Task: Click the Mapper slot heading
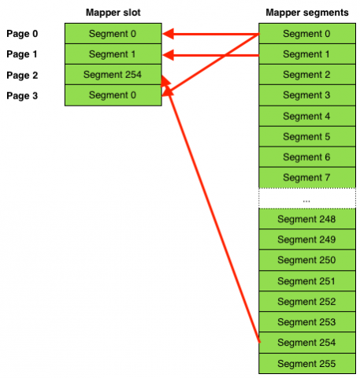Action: tap(113, 12)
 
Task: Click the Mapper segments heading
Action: tap(306, 12)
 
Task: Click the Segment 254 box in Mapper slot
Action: tap(113, 75)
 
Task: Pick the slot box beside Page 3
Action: tap(113, 95)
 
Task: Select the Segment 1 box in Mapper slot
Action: tap(113, 54)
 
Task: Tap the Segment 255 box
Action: tap(306, 363)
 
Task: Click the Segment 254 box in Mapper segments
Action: tap(306, 343)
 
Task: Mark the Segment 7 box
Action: tap(306, 177)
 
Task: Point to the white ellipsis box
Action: tap(306, 198)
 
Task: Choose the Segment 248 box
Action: tap(306, 219)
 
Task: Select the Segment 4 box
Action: tap(306, 116)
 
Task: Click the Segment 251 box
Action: tap(306, 281)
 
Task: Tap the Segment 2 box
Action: tap(306, 75)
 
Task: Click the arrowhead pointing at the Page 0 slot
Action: tap(168, 34)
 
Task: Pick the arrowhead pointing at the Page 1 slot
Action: tap(168, 54)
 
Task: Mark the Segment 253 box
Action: tap(306, 322)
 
